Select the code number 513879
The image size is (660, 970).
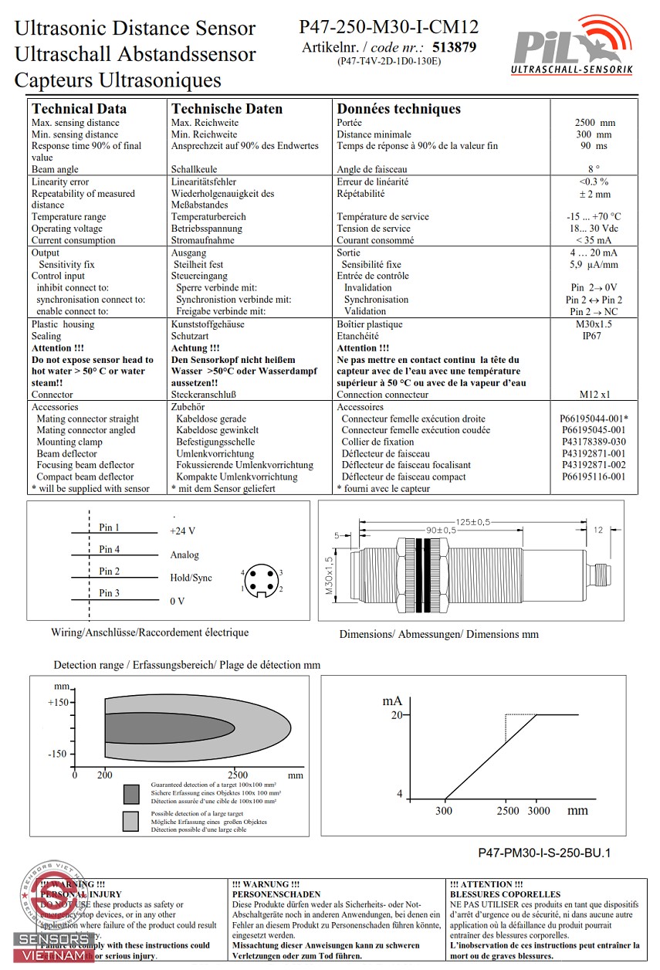[455, 47]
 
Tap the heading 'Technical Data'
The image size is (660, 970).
[79, 109]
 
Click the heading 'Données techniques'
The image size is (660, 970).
[398, 109]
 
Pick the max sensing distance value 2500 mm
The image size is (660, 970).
[594, 123]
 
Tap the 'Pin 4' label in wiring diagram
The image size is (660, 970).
[110, 550]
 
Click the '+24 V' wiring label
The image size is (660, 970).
[183, 531]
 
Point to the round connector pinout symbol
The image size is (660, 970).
[262, 581]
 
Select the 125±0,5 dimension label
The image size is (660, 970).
[472, 522]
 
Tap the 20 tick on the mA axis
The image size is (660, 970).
[397, 715]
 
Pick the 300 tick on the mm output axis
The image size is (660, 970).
[444, 811]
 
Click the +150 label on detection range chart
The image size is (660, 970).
[58, 703]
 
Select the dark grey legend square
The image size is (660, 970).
[131, 793]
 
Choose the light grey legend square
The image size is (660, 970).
[131, 822]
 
